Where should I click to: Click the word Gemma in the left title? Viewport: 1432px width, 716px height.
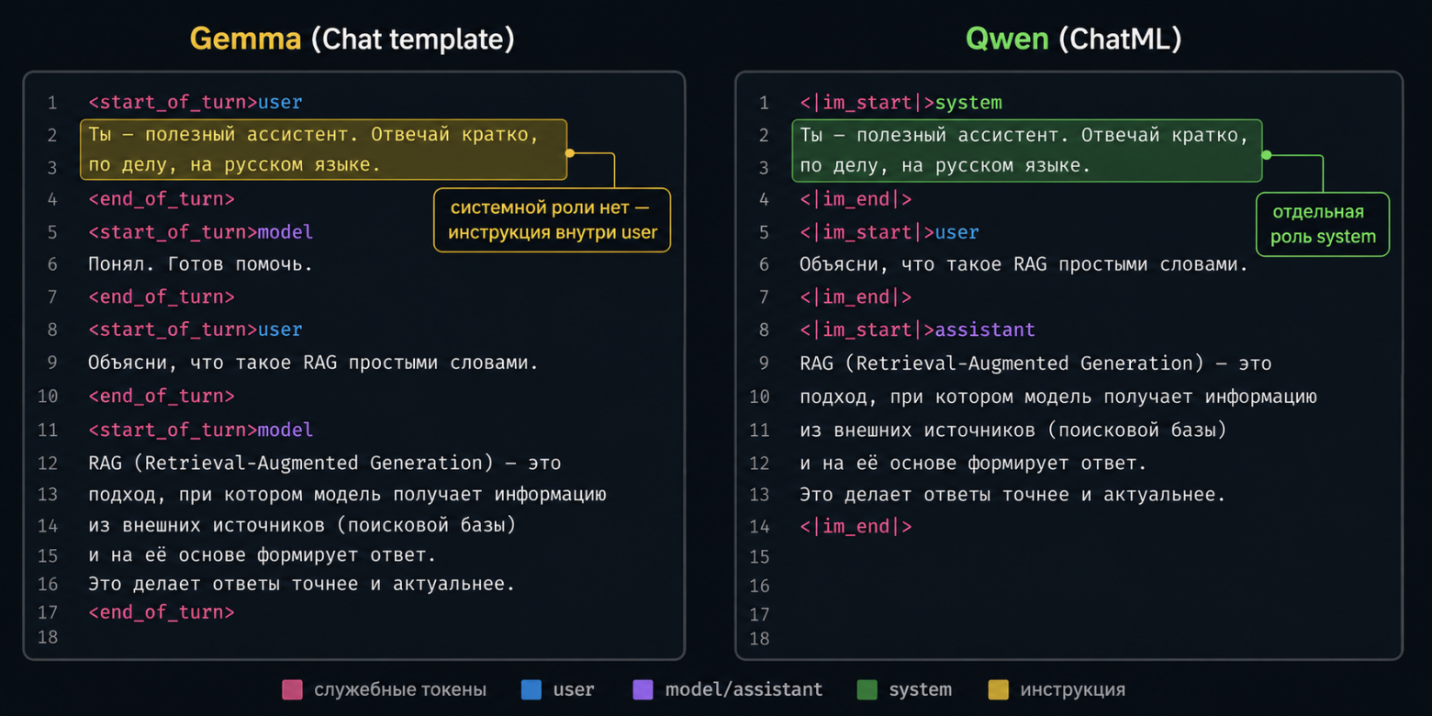pos(245,39)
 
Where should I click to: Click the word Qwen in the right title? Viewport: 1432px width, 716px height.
pos(1007,39)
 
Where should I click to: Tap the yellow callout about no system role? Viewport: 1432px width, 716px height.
pos(553,220)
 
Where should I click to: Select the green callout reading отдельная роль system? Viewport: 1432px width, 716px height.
pos(1323,224)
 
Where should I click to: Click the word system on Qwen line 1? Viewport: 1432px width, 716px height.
pos(968,102)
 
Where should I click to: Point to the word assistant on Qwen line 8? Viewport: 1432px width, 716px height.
pos(984,330)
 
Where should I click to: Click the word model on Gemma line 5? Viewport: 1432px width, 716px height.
pos(285,231)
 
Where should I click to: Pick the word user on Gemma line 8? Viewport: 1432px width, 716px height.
pos(280,330)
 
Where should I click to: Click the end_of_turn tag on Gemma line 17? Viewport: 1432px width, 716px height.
pos(162,612)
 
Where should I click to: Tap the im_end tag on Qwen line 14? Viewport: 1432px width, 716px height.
pos(856,526)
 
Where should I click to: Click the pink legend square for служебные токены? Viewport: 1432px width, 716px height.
pos(292,689)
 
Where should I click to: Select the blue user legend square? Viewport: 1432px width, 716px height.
pos(531,689)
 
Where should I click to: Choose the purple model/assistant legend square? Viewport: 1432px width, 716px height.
pos(643,689)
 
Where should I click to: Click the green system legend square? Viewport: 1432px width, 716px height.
pos(867,689)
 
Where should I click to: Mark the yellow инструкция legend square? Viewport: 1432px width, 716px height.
pos(999,689)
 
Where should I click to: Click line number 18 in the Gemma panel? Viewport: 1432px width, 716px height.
pos(48,637)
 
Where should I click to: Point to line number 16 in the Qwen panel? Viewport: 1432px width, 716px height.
pos(759,586)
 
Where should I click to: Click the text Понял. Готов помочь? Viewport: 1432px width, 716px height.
pos(200,264)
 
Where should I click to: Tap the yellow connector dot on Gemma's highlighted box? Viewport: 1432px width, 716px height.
pos(570,152)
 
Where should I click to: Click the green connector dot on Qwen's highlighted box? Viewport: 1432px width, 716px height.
pos(1267,155)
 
